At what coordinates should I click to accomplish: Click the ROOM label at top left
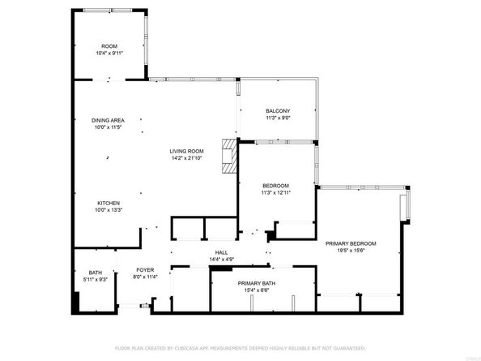[x=109, y=45]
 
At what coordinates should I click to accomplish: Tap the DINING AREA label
[x=108, y=121]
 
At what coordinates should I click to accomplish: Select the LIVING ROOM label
[x=186, y=151]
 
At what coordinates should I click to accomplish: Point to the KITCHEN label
[x=109, y=203]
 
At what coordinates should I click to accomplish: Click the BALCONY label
[x=278, y=110]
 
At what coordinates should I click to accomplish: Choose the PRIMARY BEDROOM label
[x=351, y=243]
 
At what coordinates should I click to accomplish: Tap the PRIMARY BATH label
[x=257, y=282]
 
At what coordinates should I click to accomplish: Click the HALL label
[x=220, y=252]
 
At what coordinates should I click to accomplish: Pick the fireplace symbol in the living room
[x=230, y=155]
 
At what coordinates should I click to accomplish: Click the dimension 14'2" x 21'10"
[x=186, y=158]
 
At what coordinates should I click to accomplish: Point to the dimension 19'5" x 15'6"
[x=351, y=251]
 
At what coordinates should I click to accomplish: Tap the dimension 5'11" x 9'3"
[x=96, y=280]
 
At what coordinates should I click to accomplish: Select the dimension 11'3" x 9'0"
[x=278, y=118]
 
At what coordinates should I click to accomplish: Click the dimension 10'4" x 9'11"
[x=109, y=53]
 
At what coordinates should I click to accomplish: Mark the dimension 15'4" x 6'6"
[x=257, y=290]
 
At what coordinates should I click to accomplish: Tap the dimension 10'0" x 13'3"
[x=109, y=210]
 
